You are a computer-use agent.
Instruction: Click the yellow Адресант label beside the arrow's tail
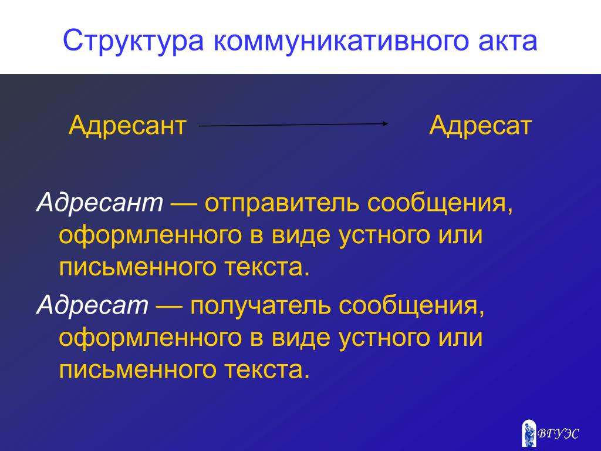pos(127,126)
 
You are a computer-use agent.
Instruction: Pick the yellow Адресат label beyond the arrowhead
pos(480,126)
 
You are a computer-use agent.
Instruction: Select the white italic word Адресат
pos(92,305)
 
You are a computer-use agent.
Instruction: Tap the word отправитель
pos(282,203)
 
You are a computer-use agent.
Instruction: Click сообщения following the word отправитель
pos(440,203)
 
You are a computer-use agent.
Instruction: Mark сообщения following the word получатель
pos(411,306)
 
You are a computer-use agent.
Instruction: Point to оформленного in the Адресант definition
pos(150,235)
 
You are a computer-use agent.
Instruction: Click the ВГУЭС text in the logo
pos(558,434)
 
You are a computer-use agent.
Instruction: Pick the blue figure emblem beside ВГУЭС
pos(529,433)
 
